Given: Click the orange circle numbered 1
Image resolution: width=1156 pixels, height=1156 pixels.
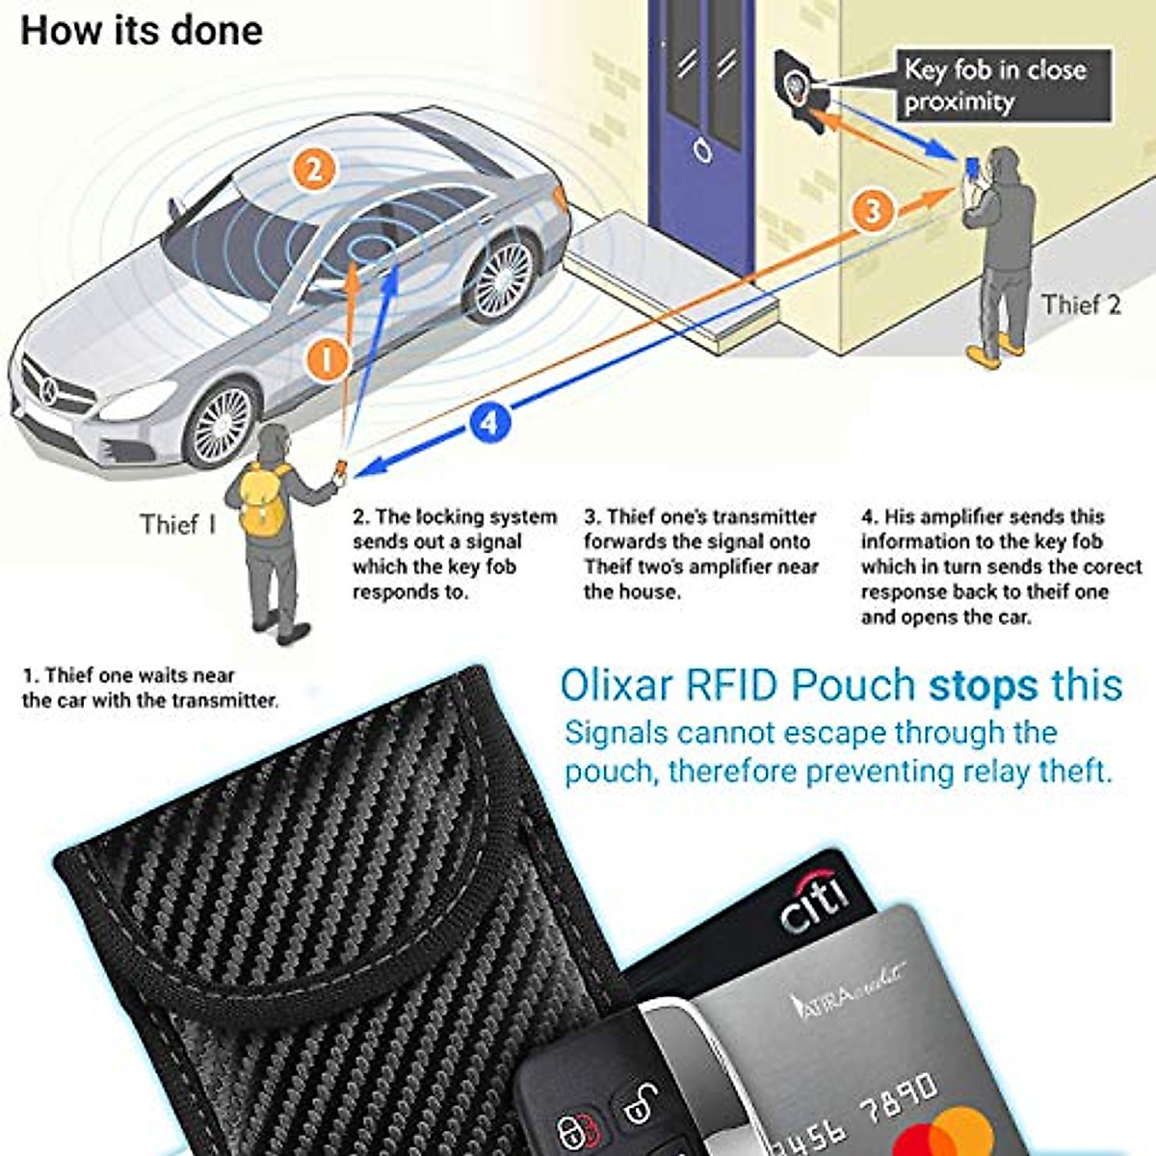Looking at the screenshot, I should (x=327, y=360).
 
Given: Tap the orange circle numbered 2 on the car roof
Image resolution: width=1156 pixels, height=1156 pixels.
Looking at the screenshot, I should (x=314, y=171).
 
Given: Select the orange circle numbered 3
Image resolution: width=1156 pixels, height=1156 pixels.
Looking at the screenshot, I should (x=873, y=210).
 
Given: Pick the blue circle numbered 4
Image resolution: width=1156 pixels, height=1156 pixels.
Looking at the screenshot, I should (x=489, y=422).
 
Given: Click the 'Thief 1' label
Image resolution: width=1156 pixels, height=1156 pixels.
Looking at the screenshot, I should (x=178, y=525).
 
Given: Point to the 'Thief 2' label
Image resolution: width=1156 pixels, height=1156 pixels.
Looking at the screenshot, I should (x=1081, y=305).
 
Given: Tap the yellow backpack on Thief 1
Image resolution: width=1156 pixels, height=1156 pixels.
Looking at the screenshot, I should (x=263, y=499).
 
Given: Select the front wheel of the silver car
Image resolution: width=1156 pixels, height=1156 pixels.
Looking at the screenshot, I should (x=223, y=424).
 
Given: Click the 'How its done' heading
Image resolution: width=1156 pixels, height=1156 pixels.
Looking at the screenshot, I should (x=142, y=30).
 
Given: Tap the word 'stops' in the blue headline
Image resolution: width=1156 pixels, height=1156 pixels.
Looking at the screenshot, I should (x=984, y=685).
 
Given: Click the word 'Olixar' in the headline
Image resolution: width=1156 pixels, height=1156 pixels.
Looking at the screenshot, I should (x=617, y=685).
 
